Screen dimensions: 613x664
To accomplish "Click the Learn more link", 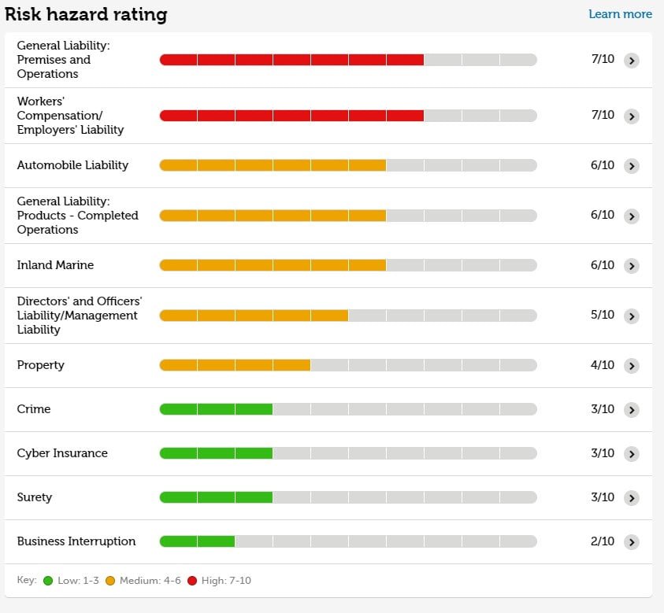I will coord(620,14).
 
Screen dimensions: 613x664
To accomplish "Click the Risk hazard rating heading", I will coord(86,14).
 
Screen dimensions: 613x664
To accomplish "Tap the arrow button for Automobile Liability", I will coord(631,166).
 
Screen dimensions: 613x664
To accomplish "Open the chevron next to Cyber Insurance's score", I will coord(631,454).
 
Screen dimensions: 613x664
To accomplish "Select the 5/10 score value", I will coord(603,315).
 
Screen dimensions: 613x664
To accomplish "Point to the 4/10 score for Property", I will coord(603,365).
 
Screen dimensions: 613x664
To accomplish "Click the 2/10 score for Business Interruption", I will coord(603,541).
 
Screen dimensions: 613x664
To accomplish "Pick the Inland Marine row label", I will coord(55,265).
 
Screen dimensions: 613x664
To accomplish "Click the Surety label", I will coord(35,497).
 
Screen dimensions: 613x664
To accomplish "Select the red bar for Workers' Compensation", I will coord(291,116).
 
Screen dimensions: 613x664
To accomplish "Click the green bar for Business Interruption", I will coord(197,541).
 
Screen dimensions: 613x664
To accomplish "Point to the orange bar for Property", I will coord(235,365).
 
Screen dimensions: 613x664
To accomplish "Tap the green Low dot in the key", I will coord(48,581).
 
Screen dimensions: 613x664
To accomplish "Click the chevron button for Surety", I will coord(631,498).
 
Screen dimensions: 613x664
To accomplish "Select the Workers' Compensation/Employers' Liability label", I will coord(70,116).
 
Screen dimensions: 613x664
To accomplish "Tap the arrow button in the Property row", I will coord(631,366).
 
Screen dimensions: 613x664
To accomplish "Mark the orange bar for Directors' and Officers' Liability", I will coord(254,316).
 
